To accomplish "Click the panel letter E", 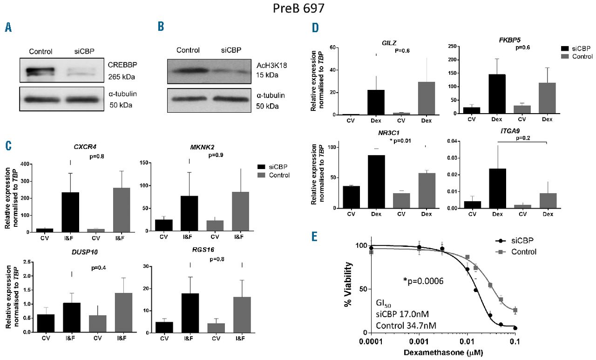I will pos(315,237).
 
